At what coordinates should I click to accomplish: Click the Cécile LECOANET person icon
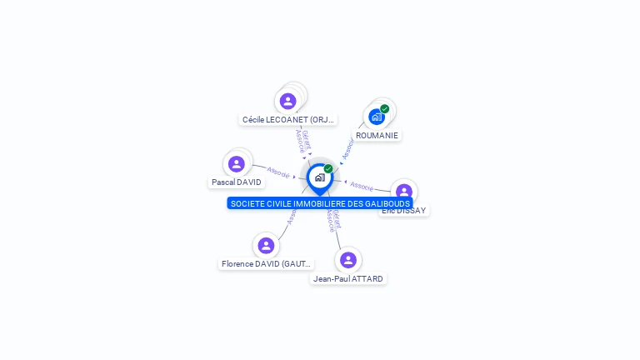(x=288, y=101)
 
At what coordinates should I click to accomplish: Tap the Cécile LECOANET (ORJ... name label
(x=287, y=120)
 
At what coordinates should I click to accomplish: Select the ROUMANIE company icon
(x=377, y=117)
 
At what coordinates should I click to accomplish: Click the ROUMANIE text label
(x=377, y=135)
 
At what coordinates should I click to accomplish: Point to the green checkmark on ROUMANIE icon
(x=384, y=109)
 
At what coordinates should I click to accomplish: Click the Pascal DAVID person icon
(x=237, y=163)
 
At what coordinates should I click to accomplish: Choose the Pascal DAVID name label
(x=237, y=182)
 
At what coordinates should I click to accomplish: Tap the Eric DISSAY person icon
(x=404, y=192)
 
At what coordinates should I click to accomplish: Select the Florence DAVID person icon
(x=266, y=245)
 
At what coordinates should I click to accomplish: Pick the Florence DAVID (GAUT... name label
(x=266, y=263)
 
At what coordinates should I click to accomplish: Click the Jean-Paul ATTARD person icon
(x=348, y=260)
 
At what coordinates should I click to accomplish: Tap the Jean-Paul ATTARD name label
(x=348, y=278)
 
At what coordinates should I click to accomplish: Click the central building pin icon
(x=319, y=177)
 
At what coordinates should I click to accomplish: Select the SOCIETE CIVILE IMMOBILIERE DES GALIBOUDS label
(x=320, y=203)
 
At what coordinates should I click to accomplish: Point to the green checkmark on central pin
(x=328, y=169)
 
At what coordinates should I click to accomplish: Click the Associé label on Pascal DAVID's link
(x=278, y=172)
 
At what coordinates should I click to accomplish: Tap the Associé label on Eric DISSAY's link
(x=362, y=185)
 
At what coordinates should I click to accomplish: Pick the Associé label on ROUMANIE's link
(x=348, y=149)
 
